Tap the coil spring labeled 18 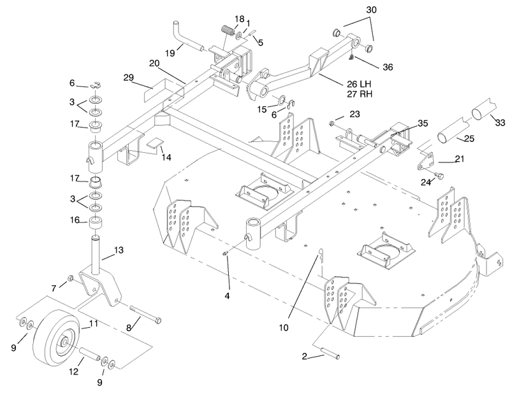[x=228, y=31]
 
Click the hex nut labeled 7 [x=69, y=278]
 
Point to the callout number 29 [x=129, y=77]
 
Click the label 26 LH [x=359, y=84]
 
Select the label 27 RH [x=360, y=94]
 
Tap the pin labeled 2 [x=330, y=353]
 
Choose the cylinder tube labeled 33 [x=484, y=109]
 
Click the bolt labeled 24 [x=439, y=176]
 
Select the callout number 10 [x=284, y=327]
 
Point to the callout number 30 [x=371, y=10]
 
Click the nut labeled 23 [x=332, y=123]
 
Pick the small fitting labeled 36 [x=351, y=57]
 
